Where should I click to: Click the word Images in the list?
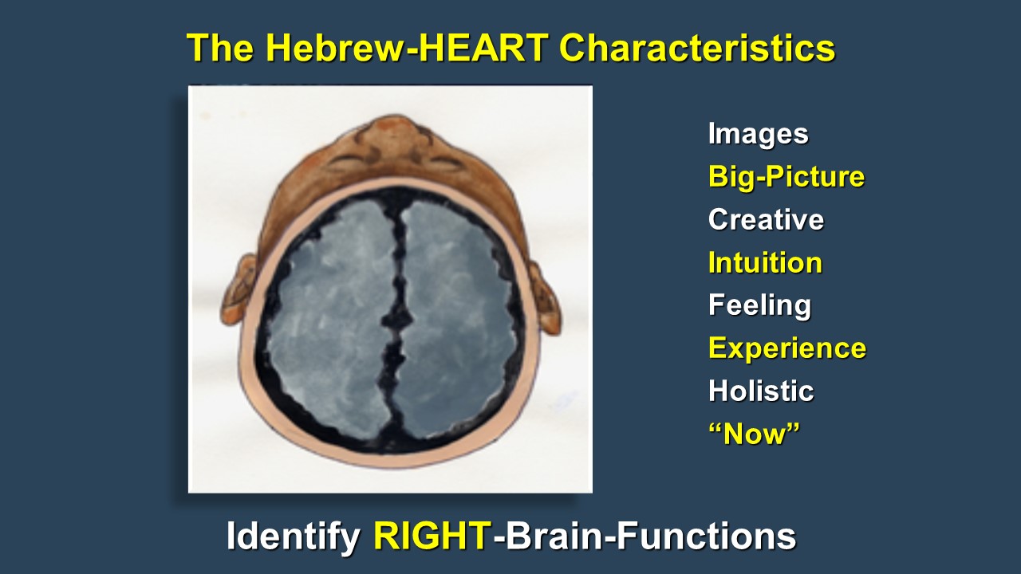pos(758,135)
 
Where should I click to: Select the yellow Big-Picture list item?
pos(786,177)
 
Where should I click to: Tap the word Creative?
pos(766,219)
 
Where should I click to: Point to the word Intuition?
pos(765,262)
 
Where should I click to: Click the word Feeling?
pos(760,305)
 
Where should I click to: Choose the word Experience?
pos(787,349)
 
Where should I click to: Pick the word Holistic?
pos(761,391)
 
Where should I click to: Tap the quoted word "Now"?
pos(754,433)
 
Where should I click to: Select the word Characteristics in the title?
pos(697,48)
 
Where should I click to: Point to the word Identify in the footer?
pos(293,537)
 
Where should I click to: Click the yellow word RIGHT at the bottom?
pos(432,537)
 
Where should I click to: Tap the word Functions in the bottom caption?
pos(706,537)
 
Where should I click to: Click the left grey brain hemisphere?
pos(329,319)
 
